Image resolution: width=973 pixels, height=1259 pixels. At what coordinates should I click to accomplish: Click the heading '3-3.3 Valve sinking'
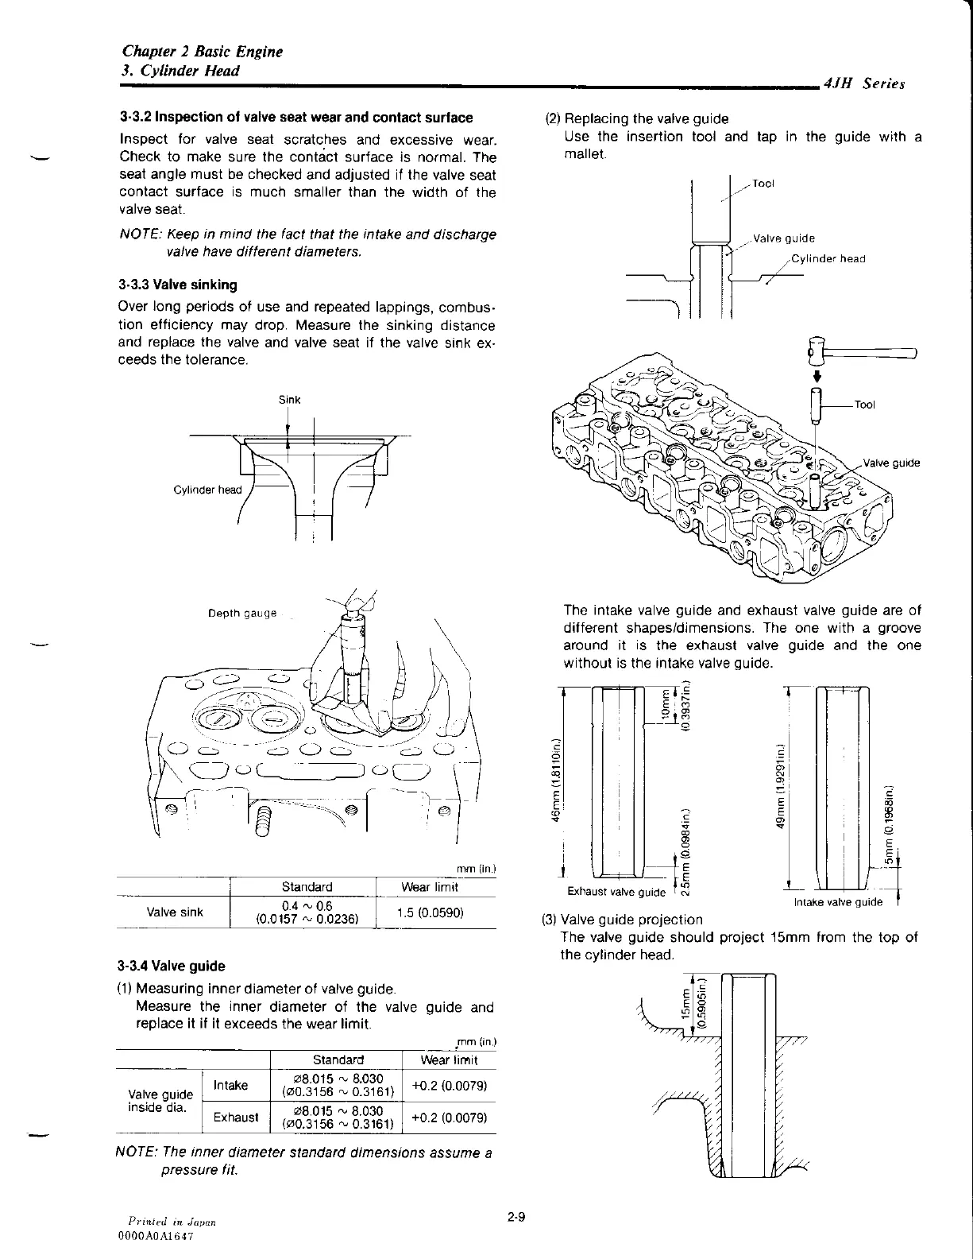(x=177, y=285)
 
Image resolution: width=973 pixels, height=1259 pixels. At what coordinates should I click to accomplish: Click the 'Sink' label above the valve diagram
(x=289, y=399)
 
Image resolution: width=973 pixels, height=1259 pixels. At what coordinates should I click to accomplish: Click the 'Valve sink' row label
(x=175, y=912)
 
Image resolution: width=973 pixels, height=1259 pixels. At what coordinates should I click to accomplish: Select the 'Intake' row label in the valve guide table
(x=231, y=1085)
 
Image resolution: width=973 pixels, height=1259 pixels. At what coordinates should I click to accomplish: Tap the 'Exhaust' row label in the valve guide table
(x=235, y=1117)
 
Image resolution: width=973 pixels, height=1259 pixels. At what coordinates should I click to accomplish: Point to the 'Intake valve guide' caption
(x=838, y=902)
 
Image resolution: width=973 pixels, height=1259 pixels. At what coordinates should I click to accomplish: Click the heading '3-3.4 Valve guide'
(x=171, y=967)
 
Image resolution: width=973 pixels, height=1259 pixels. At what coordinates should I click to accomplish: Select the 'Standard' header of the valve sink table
(x=307, y=887)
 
